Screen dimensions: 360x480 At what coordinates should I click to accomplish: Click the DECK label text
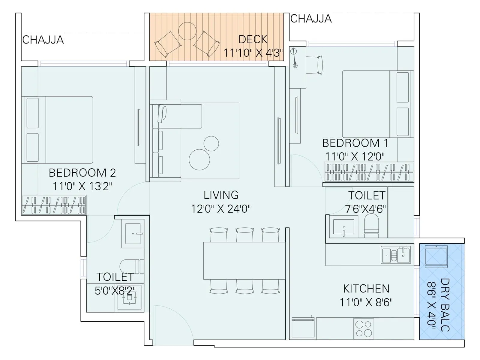click(253, 39)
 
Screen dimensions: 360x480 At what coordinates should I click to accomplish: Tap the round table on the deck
click(187, 31)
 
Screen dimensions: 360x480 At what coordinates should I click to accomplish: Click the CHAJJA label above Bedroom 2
click(43, 40)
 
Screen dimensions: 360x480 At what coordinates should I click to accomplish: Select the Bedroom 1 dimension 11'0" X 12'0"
click(355, 156)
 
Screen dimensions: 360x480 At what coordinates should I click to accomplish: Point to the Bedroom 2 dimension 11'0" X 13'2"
click(82, 186)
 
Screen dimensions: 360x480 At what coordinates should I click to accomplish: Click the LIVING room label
click(221, 195)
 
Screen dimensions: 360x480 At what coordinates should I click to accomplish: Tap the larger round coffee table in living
click(199, 160)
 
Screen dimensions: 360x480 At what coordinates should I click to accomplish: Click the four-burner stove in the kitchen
click(364, 328)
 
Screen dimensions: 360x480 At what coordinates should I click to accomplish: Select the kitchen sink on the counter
click(396, 255)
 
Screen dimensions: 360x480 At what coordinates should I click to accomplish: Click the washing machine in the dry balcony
click(436, 256)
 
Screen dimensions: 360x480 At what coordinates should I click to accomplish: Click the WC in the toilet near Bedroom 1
click(371, 226)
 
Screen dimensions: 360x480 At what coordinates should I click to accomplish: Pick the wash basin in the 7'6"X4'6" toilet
click(343, 227)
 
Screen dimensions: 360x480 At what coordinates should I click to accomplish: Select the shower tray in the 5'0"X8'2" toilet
click(129, 298)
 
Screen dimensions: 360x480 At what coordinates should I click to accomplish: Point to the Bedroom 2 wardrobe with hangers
click(54, 205)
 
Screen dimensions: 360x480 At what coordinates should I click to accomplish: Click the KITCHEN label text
click(366, 289)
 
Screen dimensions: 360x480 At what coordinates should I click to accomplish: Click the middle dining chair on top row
click(245, 235)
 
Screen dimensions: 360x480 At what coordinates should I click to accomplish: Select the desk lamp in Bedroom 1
click(295, 58)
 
